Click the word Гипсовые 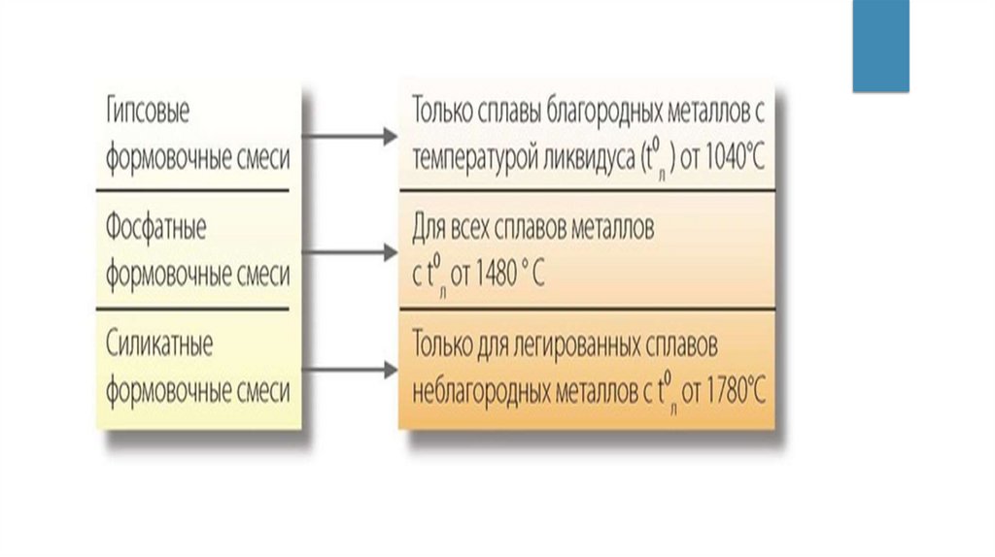(148, 112)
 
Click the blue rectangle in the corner (880, 46)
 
